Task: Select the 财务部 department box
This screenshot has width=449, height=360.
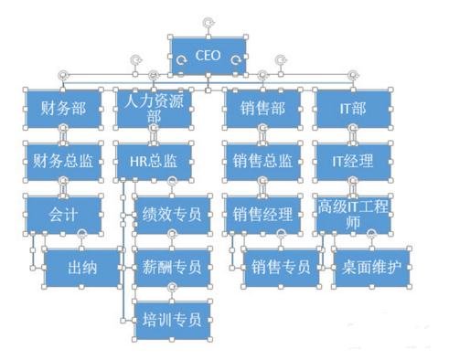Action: click(63, 109)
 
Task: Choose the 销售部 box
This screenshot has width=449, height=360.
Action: click(262, 109)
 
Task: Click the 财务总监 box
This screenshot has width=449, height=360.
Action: click(63, 162)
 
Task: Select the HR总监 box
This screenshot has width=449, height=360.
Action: click(152, 162)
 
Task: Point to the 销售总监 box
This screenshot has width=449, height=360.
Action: click(262, 162)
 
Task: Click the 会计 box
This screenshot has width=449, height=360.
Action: click(63, 216)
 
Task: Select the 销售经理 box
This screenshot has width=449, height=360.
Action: click(262, 216)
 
